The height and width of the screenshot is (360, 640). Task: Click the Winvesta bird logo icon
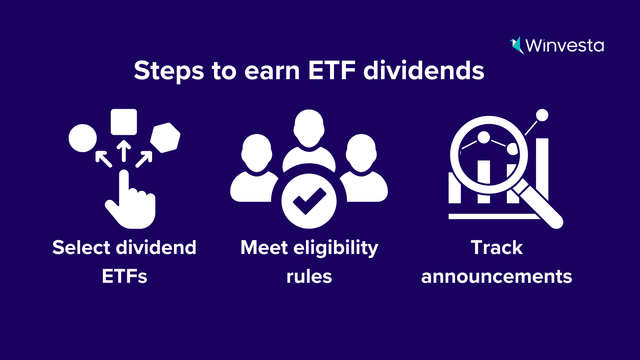tap(516, 46)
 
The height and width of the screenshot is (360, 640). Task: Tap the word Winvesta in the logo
tap(565, 46)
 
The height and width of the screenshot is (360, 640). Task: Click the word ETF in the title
tap(332, 70)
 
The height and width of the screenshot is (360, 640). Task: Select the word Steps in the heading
tap(169, 71)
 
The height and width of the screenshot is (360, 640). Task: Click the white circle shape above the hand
tap(82, 138)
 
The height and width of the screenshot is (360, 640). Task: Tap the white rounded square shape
tap(124, 122)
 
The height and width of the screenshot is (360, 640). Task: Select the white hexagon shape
tap(166, 138)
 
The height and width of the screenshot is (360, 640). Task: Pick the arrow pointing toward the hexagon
tap(144, 159)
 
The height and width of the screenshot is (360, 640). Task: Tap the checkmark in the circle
tap(309, 201)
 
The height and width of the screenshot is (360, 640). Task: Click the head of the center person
tap(309, 128)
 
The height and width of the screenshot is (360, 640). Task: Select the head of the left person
tap(256, 153)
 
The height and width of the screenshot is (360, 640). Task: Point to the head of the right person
tap(361, 153)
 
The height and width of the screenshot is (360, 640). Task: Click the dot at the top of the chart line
tap(542, 115)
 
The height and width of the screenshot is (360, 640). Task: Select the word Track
tap(497, 248)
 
